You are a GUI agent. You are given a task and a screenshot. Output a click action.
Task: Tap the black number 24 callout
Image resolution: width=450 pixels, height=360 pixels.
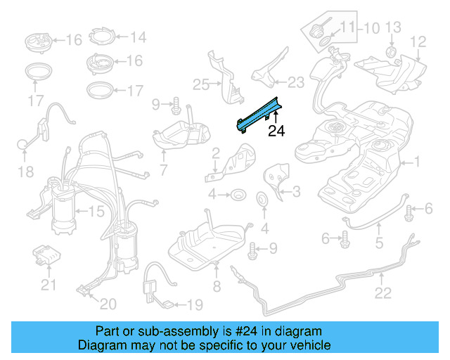tap(276, 130)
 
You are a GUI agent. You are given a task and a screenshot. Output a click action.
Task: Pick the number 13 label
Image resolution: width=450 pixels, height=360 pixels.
tap(393, 27)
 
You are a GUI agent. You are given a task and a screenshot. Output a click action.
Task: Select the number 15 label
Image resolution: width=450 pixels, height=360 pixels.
tap(95, 210)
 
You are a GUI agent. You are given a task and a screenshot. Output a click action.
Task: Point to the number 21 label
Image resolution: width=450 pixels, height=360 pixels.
tap(48, 285)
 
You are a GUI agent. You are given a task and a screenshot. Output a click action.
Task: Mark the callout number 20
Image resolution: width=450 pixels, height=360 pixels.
tap(108, 304)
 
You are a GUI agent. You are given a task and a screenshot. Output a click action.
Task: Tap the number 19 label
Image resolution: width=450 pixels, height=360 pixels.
tap(193, 304)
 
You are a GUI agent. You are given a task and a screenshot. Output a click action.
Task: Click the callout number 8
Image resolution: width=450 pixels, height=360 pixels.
tap(217, 286)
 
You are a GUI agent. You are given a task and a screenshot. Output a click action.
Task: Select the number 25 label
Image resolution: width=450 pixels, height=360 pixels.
tap(201, 85)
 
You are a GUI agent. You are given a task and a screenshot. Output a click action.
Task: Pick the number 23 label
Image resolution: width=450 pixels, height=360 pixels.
tap(296, 82)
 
